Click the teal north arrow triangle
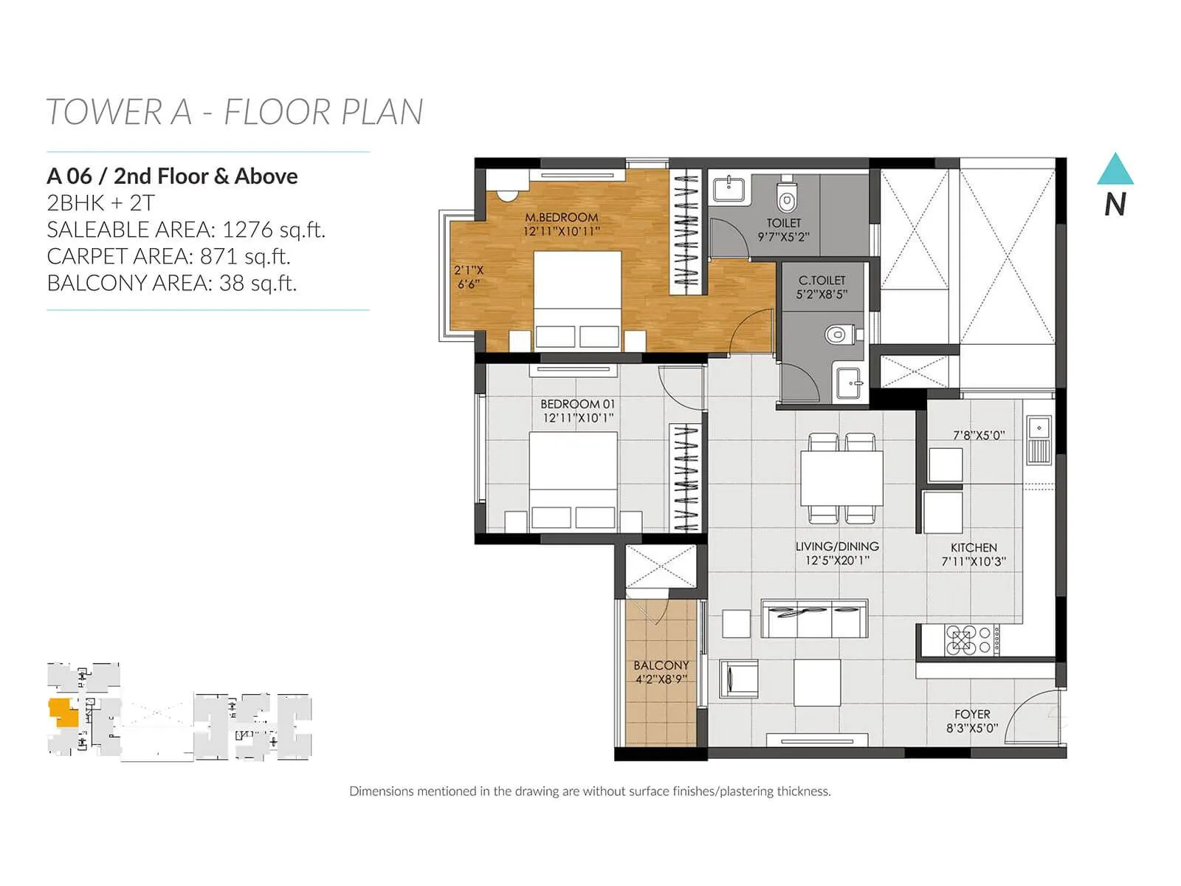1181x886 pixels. pos(1115,171)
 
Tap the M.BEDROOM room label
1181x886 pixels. pos(561,217)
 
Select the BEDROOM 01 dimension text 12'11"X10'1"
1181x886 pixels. pos(578,418)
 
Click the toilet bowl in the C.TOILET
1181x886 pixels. pos(836,335)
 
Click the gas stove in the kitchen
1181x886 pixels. pos(962,640)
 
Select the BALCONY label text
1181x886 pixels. pos(661,665)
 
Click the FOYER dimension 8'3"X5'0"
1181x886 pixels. pos(972,728)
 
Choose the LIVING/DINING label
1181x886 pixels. pos(837,546)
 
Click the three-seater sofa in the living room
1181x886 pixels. pos(814,619)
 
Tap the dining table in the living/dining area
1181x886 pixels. pos(842,477)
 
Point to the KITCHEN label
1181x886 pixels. pos(974,547)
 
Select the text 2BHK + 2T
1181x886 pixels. pos(100,203)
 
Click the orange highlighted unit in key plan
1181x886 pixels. pos(63,712)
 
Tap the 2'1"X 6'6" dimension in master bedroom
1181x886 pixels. pos(468,277)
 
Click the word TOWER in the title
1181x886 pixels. pos(103,112)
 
